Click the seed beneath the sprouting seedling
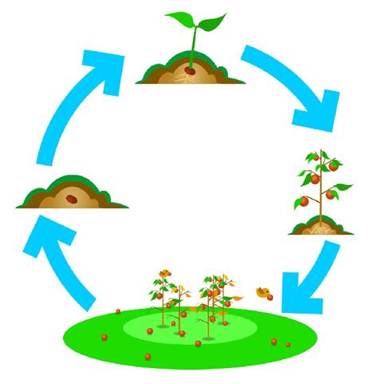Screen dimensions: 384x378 coord(191,69)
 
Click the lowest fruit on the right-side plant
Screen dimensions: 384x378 coord(304,202)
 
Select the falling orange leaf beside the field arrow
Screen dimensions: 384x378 coord(264,293)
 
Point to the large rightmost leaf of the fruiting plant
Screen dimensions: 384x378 coord(342,188)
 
